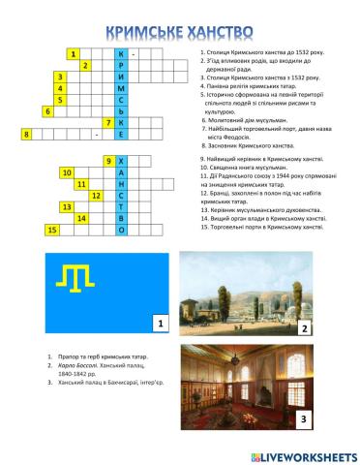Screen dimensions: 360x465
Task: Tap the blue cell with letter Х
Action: coord(121,159)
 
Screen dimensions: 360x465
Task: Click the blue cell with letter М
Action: coord(121,88)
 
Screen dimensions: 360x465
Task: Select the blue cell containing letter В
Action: coord(121,217)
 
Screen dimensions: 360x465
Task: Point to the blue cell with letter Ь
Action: coord(121,111)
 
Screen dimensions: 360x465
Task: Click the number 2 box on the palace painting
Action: coord(303,328)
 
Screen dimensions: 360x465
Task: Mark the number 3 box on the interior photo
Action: coord(303,419)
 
